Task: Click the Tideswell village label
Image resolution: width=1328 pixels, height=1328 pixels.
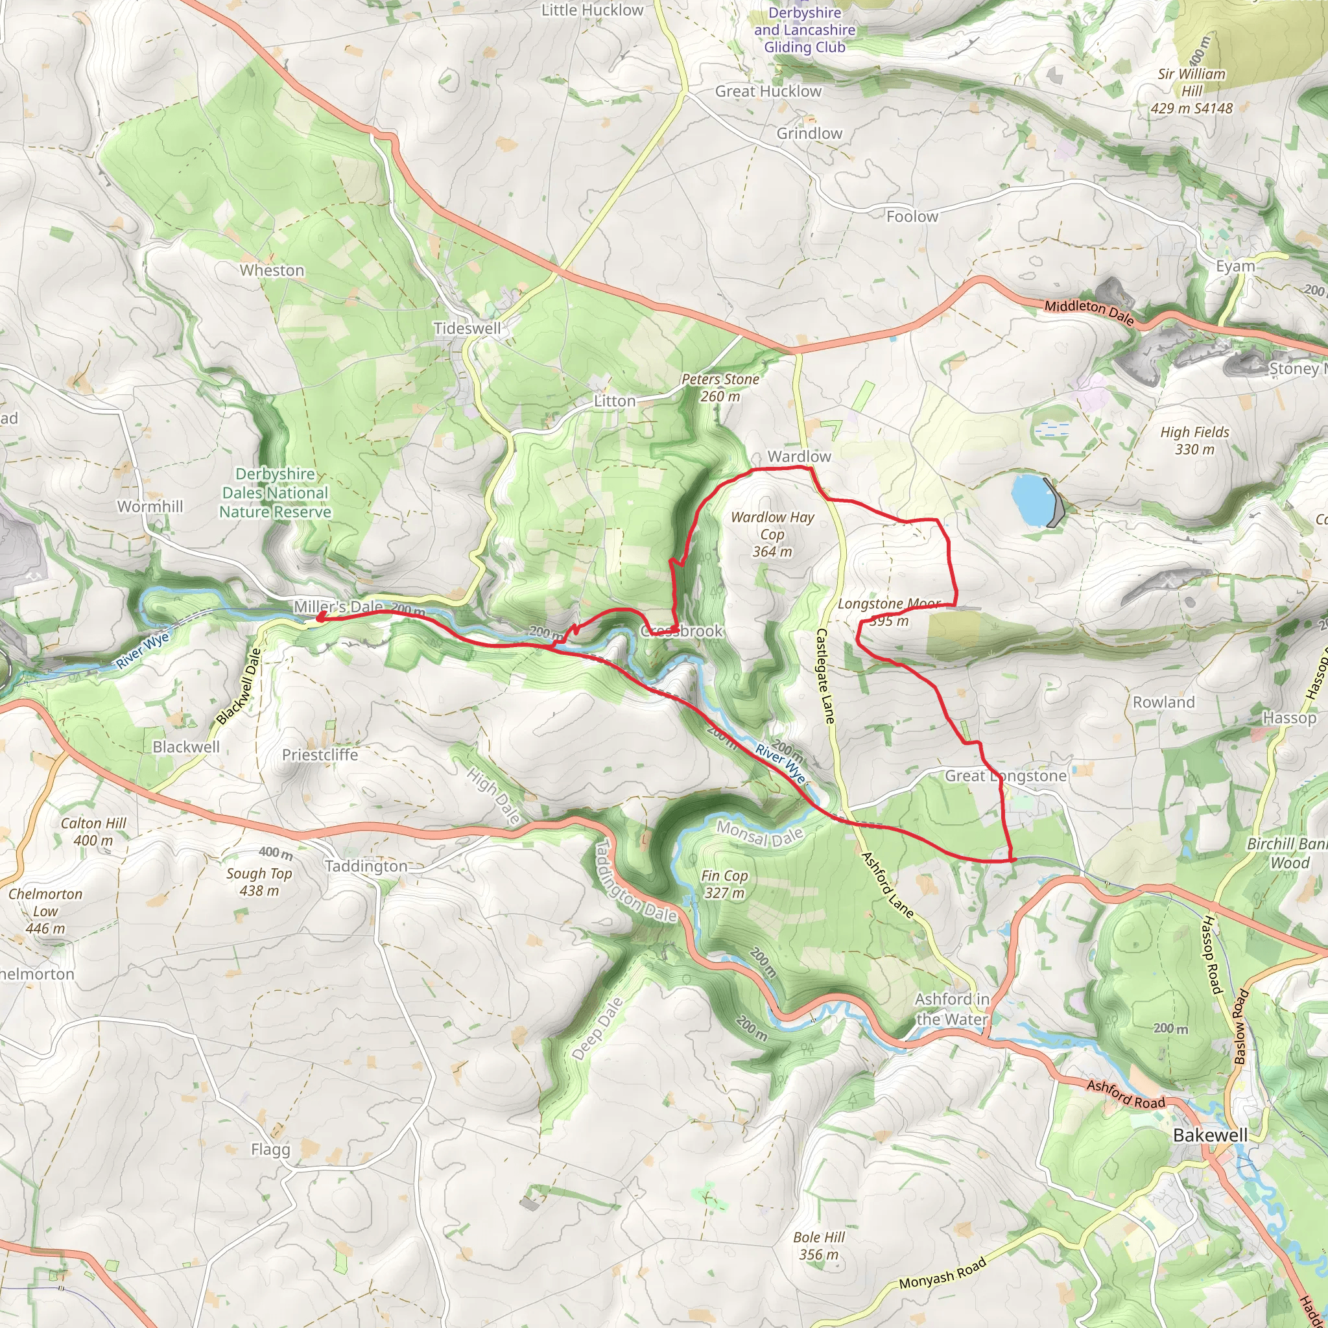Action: (468, 329)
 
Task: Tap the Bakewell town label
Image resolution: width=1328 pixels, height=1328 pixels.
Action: (1210, 1135)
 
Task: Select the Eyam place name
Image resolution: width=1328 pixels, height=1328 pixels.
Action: (1235, 266)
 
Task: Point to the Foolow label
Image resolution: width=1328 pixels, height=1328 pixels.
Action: (912, 217)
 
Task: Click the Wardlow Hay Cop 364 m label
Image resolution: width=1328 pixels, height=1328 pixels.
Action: (772, 534)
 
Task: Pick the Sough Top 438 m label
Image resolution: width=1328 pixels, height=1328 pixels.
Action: (259, 882)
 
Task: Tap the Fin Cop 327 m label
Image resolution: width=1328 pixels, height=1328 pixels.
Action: (724, 884)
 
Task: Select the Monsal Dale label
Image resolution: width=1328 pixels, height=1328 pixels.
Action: (759, 834)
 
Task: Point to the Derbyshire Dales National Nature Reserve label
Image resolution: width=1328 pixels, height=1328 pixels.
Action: (275, 493)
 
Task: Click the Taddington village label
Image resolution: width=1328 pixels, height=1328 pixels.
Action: (366, 866)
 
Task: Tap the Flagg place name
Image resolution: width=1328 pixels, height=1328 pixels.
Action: (270, 1149)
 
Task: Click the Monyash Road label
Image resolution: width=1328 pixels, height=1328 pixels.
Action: (942, 1274)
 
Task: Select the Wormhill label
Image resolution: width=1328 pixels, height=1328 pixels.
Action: (150, 506)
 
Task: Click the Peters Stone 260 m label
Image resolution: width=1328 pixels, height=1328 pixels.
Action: (720, 388)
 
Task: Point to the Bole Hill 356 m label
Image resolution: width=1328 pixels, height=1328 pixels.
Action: (819, 1246)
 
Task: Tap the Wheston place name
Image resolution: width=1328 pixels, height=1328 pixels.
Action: (272, 270)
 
